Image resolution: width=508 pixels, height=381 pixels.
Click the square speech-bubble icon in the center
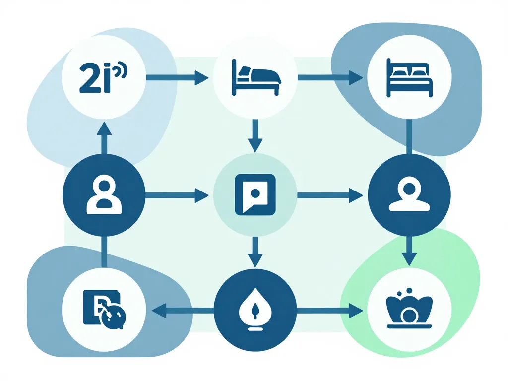pyautogui.click(x=255, y=194)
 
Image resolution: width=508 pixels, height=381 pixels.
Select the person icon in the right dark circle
pyautogui.click(x=409, y=194)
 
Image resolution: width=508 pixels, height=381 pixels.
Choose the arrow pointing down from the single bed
pyautogui.click(x=255, y=135)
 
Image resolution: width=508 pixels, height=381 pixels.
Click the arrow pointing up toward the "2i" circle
pyautogui.click(x=104, y=137)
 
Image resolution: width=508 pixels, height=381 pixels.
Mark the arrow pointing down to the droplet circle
pyautogui.click(x=255, y=252)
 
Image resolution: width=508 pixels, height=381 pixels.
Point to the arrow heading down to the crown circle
pyautogui.click(x=409, y=251)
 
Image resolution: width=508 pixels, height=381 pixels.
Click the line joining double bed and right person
pyautogui.click(x=409, y=136)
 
